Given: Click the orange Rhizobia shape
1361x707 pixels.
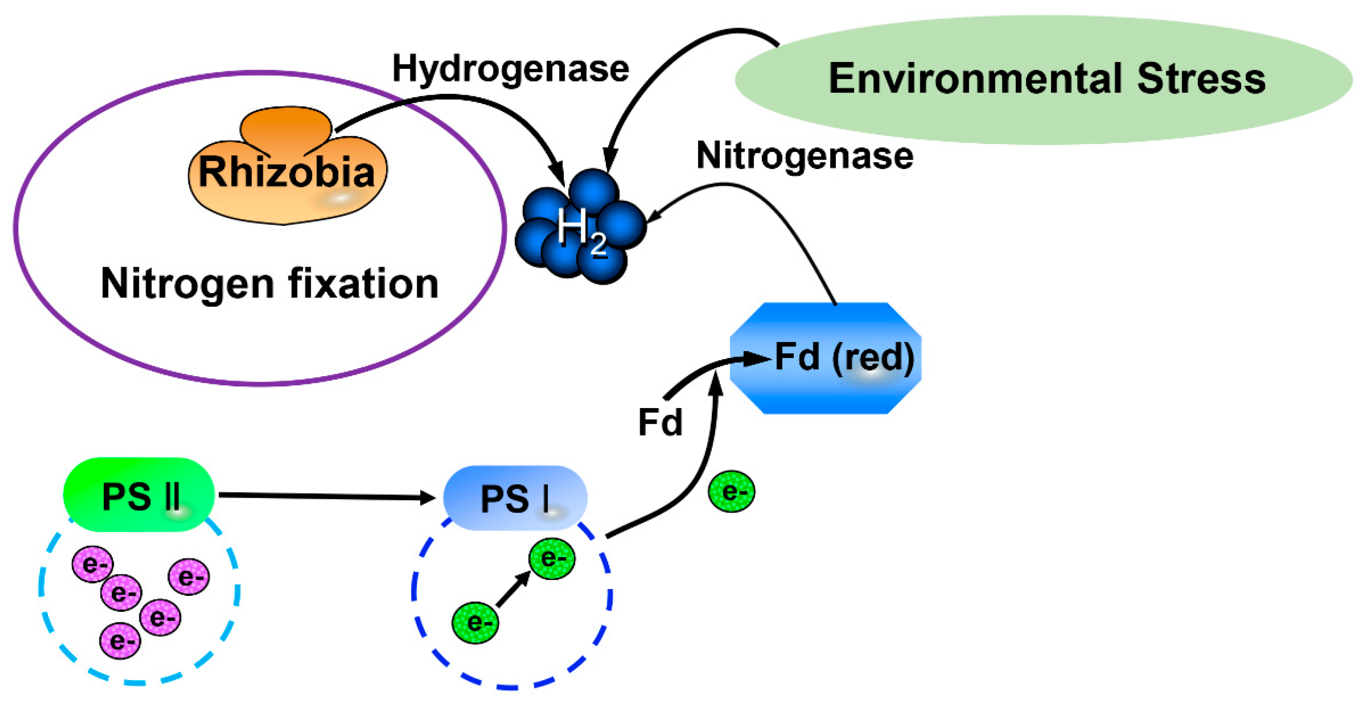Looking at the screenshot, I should click(x=287, y=169).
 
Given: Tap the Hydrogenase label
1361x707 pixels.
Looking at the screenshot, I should click(x=510, y=70).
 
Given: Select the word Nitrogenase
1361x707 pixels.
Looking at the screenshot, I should click(x=804, y=156).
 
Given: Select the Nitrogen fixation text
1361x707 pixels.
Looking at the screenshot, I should click(x=269, y=284).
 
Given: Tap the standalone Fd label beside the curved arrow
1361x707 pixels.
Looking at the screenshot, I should click(x=660, y=423).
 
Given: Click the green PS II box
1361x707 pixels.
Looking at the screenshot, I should click(x=139, y=495).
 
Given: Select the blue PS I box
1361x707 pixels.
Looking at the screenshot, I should click(x=515, y=498).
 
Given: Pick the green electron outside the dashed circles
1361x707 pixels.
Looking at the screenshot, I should click(x=731, y=492).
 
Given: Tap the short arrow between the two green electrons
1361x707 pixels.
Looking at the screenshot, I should click(x=512, y=590).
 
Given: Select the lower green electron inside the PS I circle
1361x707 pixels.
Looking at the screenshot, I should click(x=475, y=623).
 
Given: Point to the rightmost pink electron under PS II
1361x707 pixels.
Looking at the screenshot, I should click(x=189, y=577).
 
